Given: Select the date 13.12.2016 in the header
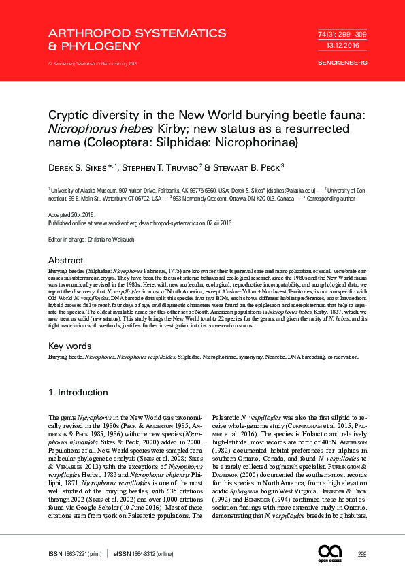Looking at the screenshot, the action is (333, 44).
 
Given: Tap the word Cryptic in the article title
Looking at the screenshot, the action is (72, 116).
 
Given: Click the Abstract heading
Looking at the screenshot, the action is (67, 261).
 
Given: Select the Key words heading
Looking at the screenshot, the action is (70, 346).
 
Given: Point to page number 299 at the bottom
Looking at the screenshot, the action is (362, 555).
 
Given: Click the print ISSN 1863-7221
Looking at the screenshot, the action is (75, 555).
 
